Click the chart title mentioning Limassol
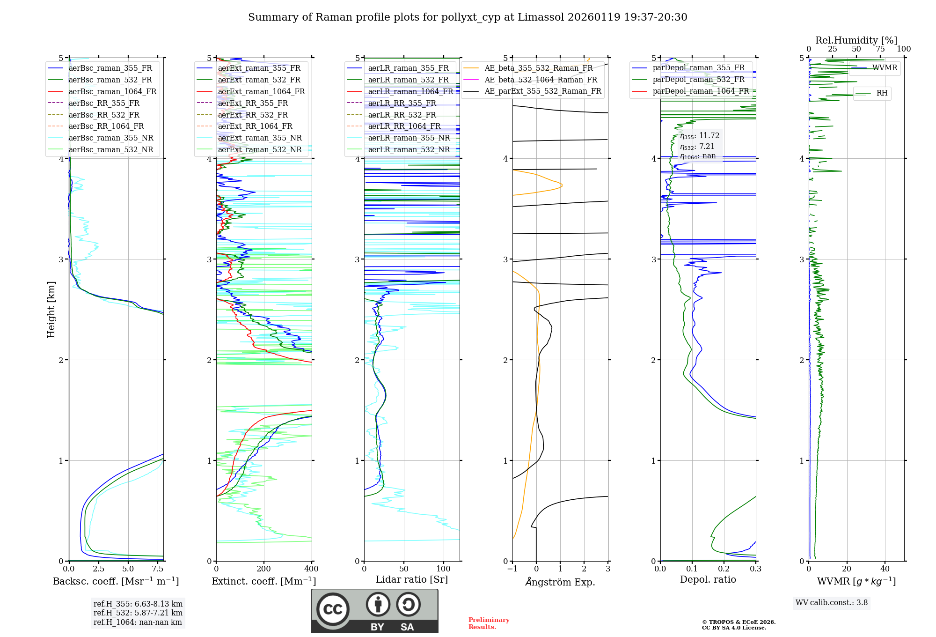(x=468, y=17)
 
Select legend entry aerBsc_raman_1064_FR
(x=112, y=91)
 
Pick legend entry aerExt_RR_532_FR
(x=253, y=115)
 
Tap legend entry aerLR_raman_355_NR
(x=409, y=138)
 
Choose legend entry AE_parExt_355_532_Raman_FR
(x=542, y=91)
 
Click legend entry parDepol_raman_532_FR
(x=698, y=79)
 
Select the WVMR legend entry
(x=885, y=68)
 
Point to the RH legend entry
(x=882, y=93)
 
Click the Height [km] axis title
(x=51, y=310)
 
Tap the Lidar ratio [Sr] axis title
(x=412, y=579)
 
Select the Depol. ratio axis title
(x=708, y=579)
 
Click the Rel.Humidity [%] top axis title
(x=856, y=40)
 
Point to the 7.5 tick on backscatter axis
(x=158, y=569)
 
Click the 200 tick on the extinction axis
(x=264, y=569)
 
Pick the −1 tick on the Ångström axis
(x=512, y=569)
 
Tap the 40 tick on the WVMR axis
(x=885, y=569)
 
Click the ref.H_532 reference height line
(x=138, y=613)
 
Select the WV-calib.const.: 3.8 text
(x=832, y=603)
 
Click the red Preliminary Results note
(x=489, y=623)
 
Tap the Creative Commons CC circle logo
(x=333, y=609)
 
